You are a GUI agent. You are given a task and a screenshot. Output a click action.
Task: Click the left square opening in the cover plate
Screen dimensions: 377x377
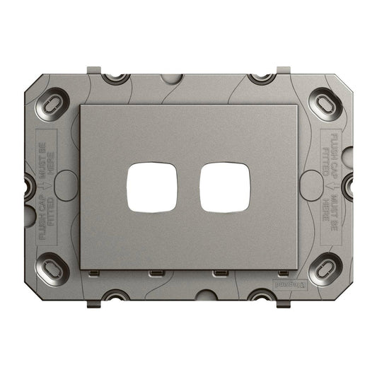pyautogui.click(x=151, y=188)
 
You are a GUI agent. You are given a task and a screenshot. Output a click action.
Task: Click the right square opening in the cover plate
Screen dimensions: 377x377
pyautogui.click(x=224, y=188)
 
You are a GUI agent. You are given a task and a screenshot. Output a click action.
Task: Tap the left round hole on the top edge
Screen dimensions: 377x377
pyautogui.click(x=115, y=77)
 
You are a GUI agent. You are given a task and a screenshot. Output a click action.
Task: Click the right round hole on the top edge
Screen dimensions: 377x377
pyautogui.click(x=262, y=77)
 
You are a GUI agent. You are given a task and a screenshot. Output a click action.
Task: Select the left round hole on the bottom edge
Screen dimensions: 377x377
pyautogui.click(x=115, y=295)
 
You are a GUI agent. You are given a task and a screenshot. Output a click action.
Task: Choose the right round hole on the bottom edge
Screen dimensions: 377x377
pyautogui.click(x=262, y=295)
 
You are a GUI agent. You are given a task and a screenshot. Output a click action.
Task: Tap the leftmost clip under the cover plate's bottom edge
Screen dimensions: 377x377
pyautogui.click(x=92, y=273)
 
